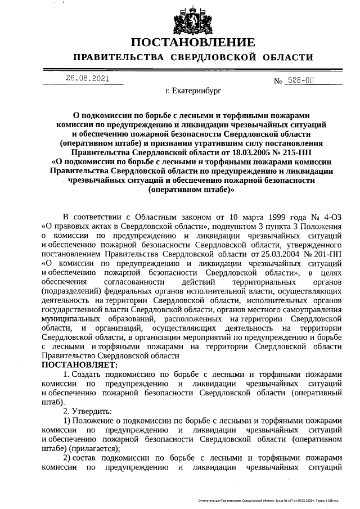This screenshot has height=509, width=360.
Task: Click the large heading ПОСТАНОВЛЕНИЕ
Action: coord(193,43)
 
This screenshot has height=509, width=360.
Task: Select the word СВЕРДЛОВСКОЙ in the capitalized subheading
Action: coord(213,57)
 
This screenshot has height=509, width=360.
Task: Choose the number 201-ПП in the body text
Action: coord(329,254)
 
